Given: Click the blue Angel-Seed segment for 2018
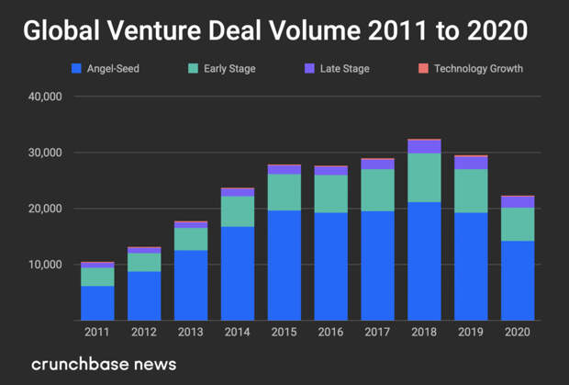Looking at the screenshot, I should coord(424,261).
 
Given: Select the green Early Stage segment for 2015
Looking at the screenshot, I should coord(284,192).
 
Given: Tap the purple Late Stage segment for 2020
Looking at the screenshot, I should coord(518,202).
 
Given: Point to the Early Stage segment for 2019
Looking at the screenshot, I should coord(471,191).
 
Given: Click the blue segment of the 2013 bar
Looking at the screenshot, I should coord(190,285).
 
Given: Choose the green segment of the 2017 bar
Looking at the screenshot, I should coord(377,190).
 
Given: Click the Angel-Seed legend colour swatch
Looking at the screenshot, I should coord(77,69).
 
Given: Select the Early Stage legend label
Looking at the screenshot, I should coord(229,69).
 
